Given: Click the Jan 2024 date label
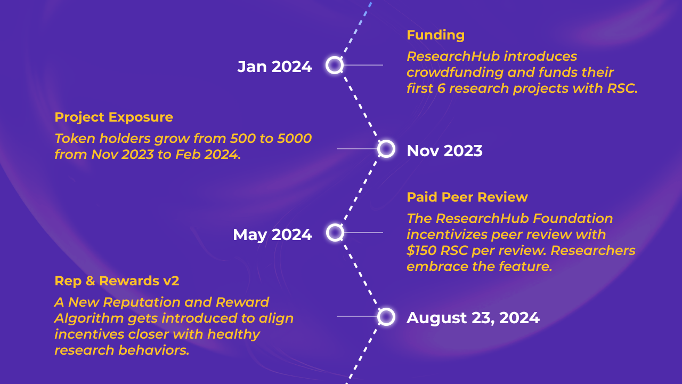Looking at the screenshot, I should pos(274,67).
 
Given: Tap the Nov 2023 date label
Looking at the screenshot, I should pos(444,151).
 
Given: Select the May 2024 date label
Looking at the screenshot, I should pos(272,235).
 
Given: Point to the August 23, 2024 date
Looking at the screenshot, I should pos(473,318).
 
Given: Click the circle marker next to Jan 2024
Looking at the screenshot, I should pos(334,65).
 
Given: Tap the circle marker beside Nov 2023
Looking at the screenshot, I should pos(386,149).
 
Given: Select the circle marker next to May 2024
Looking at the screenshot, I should pos(334,233).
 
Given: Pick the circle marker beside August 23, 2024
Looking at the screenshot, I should pos(386,317).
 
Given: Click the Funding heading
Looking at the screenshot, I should pos(435,35).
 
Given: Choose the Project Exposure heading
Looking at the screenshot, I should pos(113,117).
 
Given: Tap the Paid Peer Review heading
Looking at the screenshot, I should pos(467,197).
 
